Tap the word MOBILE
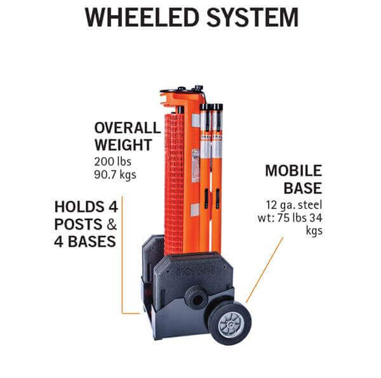point(293,171)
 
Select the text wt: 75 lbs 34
point(293,218)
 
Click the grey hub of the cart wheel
point(229,322)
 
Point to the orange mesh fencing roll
point(173,184)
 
